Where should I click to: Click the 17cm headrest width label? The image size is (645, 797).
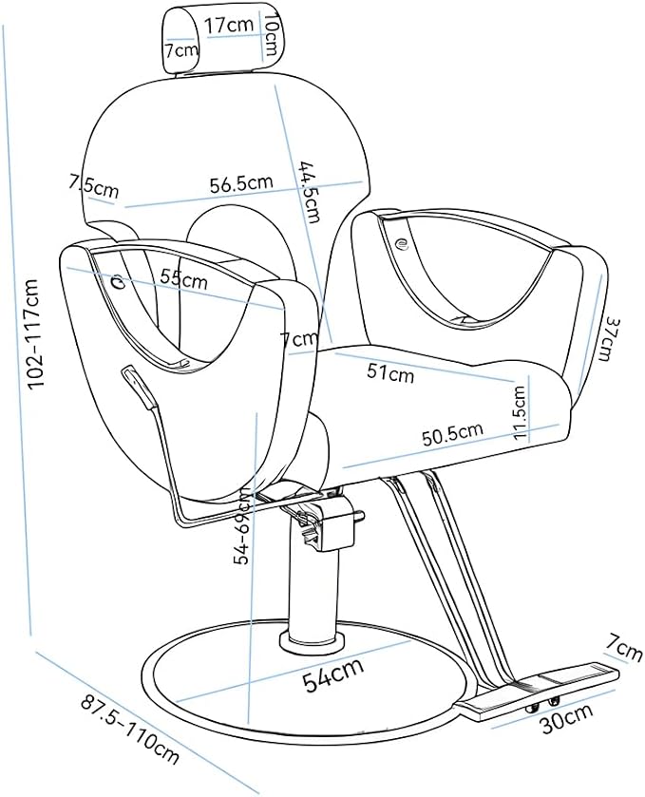click(229, 25)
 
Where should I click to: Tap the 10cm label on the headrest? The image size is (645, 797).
click(270, 34)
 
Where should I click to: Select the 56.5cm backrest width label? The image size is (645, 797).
click(241, 183)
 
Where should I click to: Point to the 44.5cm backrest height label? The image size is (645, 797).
click(309, 192)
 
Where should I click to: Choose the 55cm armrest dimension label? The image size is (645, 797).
click(184, 278)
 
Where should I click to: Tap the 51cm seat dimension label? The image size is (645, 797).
click(390, 373)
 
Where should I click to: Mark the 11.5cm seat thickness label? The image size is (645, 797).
click(520, 411)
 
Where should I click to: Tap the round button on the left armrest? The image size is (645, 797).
click(118, 280)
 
